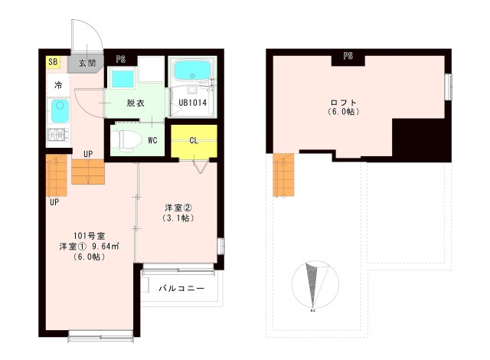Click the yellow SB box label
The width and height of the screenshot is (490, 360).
pyautogui.click(x=53, y=62)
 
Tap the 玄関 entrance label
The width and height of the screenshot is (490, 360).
pyautogui.click(x=87, y=63)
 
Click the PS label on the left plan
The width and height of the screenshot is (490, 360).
pyautogui.click(x=121, y=58)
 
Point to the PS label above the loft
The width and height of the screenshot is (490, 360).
pyautogui.click(x=348, y=56)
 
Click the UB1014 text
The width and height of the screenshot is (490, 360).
pyautogui.click(x=192, y=102)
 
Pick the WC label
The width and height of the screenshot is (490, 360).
pyautogui.click(x=152, y=140)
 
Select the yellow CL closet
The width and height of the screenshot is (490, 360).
pyautogui.click(x=194, y=140)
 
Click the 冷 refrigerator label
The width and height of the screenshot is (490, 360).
pyautogui.click(x=57, y=84)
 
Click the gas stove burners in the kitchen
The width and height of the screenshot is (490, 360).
pyautogui.click(x=57, y=138)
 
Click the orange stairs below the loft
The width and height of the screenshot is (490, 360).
pyautogui.click(x=283, y=175)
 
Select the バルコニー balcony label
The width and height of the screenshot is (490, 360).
pyautogui.click(x=181, y=289)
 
